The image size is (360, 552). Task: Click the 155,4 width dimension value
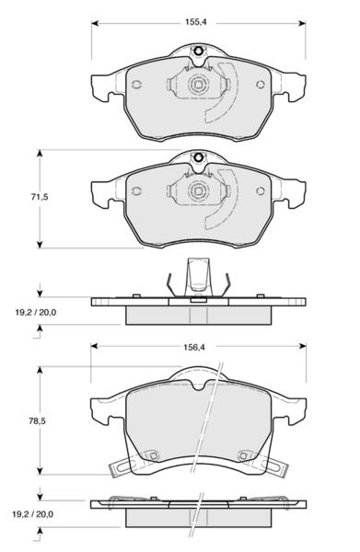click(196, 22)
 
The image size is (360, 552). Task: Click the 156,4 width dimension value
click(193, 347)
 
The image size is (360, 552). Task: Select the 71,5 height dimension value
click(40, 197)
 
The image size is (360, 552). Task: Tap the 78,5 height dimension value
click(38, 421)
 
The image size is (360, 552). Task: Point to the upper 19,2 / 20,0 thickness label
click(36, 312)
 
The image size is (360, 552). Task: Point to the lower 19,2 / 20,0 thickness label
click(33, 514)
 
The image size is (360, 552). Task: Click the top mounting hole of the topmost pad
click(198, 52)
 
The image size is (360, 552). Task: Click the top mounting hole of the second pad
click(198, 157)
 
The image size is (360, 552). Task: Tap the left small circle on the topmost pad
click(136, 85)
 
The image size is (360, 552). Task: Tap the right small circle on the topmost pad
click(261, 85)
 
